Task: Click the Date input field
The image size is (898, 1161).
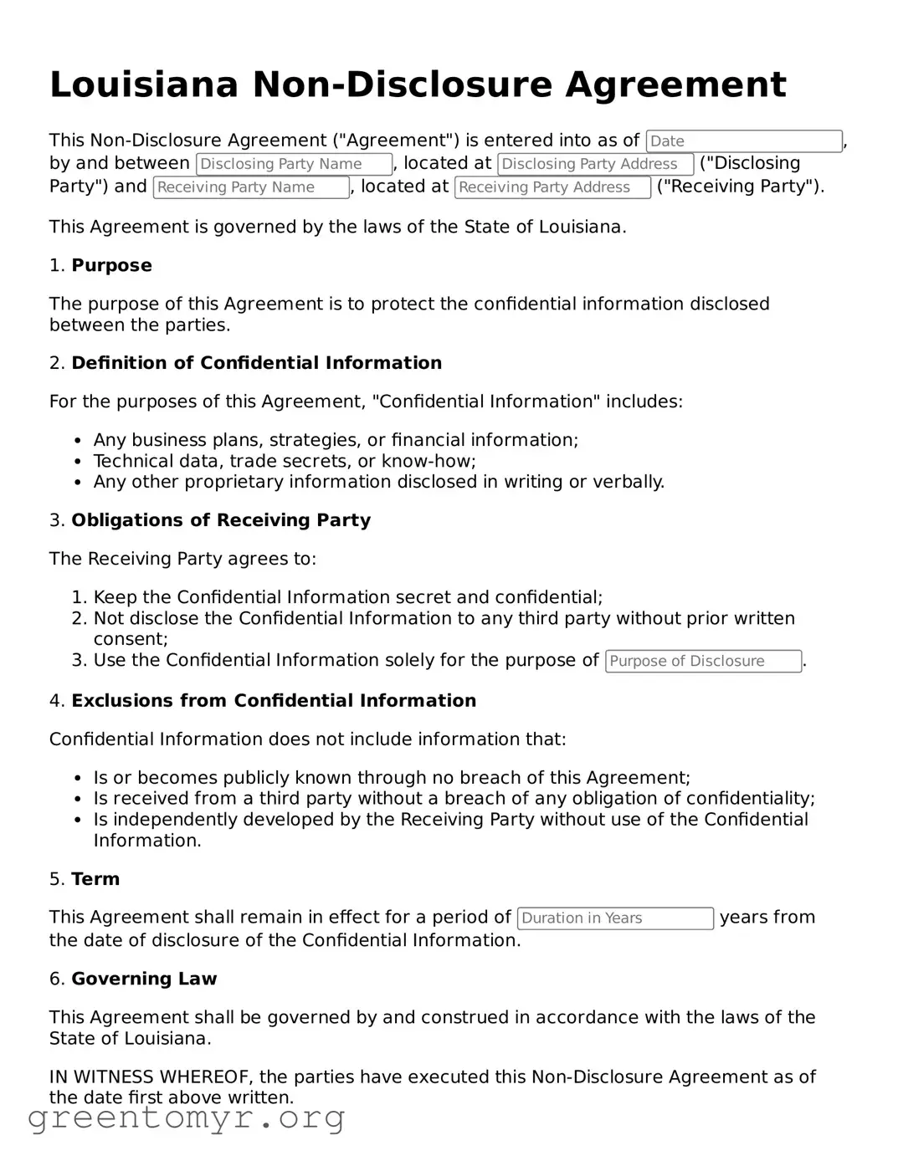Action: coord(743,141)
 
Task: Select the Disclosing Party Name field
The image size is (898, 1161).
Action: coord(294,164)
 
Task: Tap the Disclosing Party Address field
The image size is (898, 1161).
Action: coord(595,164)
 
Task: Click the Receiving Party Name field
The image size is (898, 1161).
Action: coord(251,187)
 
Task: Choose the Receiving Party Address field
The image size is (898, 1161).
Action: coord(552,187)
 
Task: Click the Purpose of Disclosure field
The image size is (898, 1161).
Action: coord(703,662)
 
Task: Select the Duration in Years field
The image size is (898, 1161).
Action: coord(615,918)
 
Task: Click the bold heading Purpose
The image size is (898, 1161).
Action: coord(111,266)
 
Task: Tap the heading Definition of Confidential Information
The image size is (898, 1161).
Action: coord(256,363)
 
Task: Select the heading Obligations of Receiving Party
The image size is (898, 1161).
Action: coord(221,520)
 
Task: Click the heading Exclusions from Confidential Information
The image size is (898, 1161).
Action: coord(274,701)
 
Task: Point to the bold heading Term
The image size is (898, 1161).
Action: coord(95,879)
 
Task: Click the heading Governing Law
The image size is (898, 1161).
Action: coord(144,979)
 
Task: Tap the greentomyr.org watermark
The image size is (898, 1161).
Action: coord(186,1118)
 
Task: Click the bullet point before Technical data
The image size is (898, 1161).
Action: coord(78,462)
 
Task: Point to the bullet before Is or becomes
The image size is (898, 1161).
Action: coord(78,778)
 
